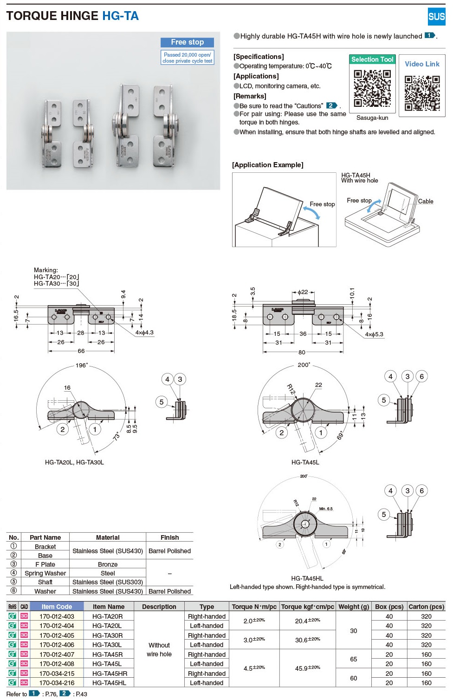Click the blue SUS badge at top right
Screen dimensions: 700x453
pos(436,17)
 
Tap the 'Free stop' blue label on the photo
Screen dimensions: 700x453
pos(187,42)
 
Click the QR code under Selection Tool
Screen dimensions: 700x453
pos(372,88)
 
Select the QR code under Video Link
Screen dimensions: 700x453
pos(422,93)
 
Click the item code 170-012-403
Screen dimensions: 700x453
pos(57,616)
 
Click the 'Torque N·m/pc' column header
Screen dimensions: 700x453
pos(254,607)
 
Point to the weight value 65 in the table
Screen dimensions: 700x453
pos(353,659)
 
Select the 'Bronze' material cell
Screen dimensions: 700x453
pos(108,564)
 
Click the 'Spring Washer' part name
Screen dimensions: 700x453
pos(45,573)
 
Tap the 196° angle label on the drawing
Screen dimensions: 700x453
pos(82,366)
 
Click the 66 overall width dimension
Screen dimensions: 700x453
pos(81,351)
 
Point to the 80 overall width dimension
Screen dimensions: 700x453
pos(302,352)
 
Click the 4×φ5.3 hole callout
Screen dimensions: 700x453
pos(374,334)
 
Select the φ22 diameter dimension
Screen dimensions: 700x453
pos(303,292)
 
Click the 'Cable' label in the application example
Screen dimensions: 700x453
pos(426,201)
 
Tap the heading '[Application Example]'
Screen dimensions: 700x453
pos(268,165)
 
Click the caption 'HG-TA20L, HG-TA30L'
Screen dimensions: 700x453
pos(74,462)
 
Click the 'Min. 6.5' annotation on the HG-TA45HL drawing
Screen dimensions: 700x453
pos(326,509)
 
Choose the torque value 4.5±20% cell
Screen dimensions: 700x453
pos(254,668)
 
